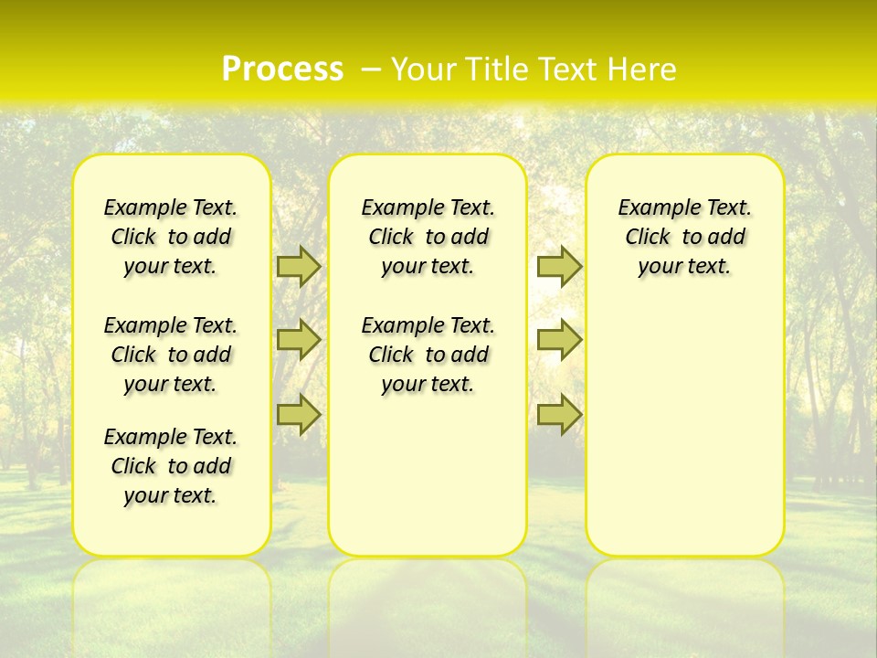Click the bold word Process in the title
(x=282, y=69)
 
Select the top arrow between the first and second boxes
(x=298, y=266)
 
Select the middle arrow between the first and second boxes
(x=298, y=340)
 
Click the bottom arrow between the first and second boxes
(x=298, y=415)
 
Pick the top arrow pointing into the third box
(x=559, y=266)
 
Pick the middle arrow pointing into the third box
(x=559, y=340)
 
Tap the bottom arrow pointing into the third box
(x=559, y=415)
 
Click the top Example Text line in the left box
(x=171, y=207)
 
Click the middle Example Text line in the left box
(x=171, y=325)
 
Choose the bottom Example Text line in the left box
(x=171, y=437)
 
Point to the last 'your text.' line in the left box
(x=171, y=495)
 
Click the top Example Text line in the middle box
(x=428, y=207)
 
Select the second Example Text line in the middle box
(x=428, y=325)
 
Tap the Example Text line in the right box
(x=684, y=207)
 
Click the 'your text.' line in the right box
(x=684, y=266)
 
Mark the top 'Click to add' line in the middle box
(x=428, y=237)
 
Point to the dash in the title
(x=371, y=69)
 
